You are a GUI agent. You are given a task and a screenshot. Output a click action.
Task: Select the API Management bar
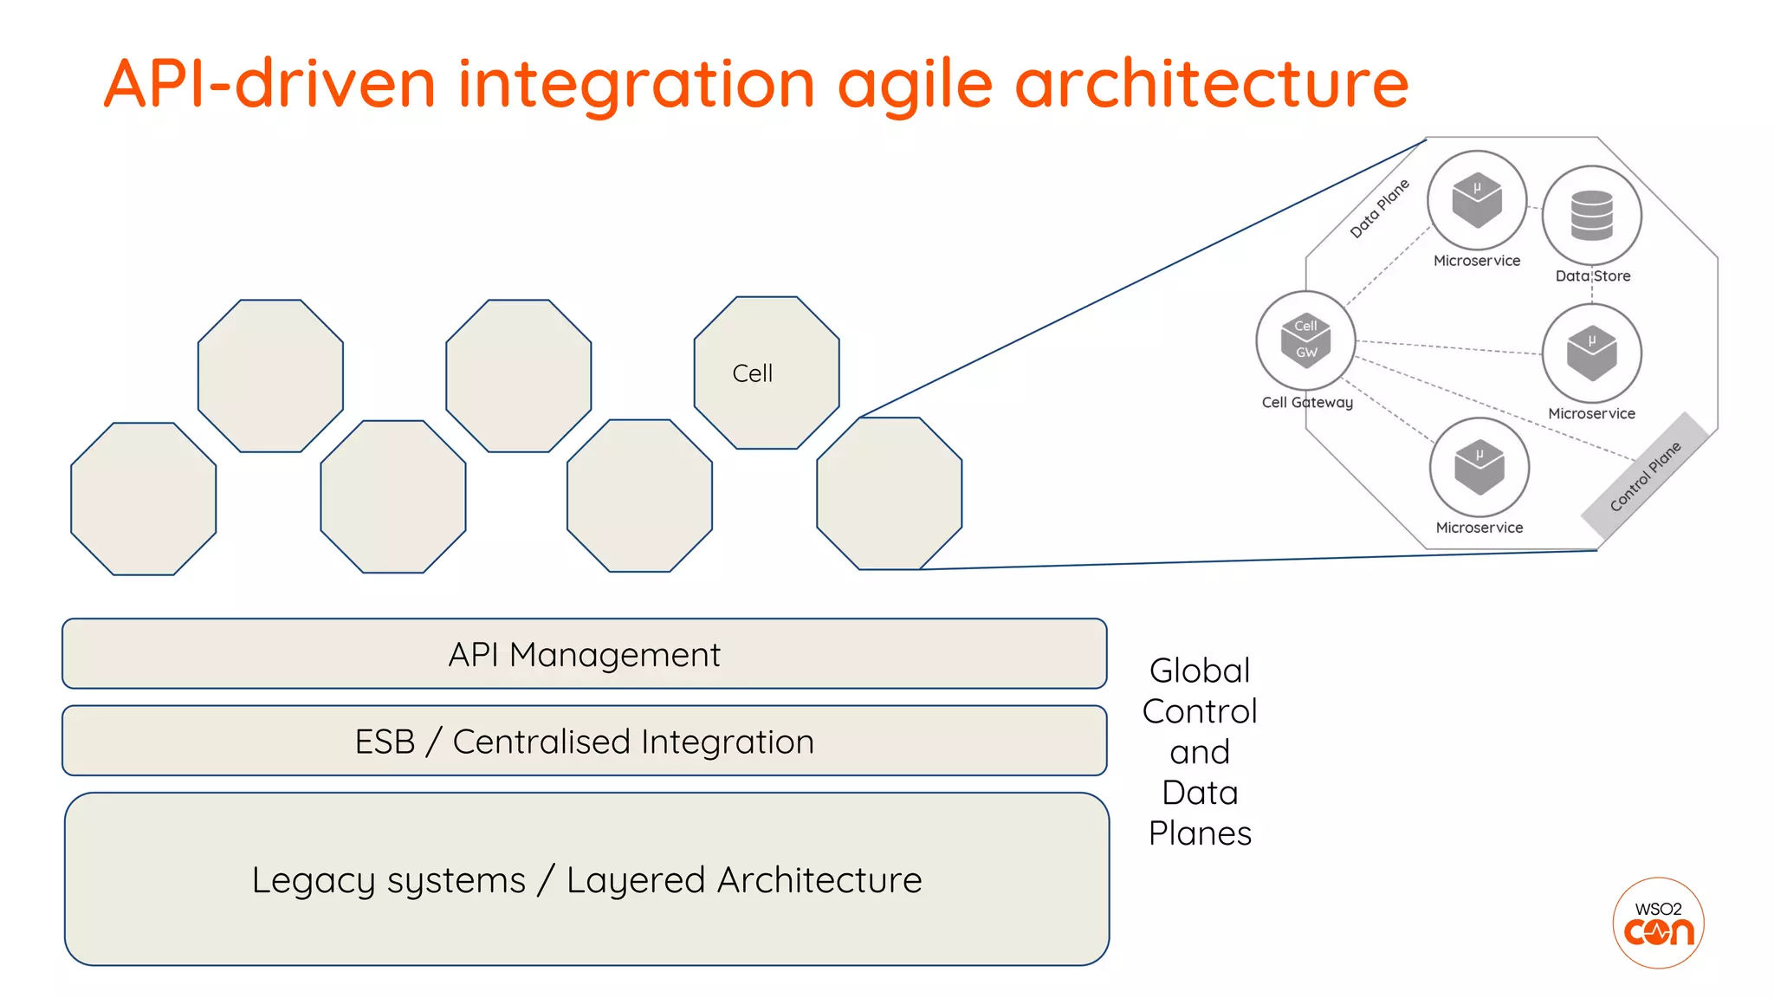point(585,654)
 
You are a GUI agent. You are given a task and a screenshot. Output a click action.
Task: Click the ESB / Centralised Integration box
point(585,742)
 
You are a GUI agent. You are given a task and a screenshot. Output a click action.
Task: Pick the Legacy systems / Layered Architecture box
point(586,879)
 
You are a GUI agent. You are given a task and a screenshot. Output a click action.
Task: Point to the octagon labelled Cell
point(767,373)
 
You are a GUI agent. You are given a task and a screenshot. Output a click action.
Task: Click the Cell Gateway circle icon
point(1305,340)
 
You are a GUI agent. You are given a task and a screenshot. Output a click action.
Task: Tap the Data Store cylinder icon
point(1591,216)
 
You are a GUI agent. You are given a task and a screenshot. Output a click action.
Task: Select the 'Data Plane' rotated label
point(1380,208)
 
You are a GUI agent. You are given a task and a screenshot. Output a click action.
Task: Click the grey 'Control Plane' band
point(1645,476)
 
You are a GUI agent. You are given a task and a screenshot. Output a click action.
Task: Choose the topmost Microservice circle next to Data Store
point(1477,200)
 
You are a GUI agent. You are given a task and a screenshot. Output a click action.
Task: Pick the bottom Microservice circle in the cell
point(1479,467)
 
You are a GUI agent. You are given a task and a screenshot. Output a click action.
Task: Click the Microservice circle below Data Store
point(1591,353)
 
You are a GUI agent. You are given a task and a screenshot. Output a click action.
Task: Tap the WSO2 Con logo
point(1658,923)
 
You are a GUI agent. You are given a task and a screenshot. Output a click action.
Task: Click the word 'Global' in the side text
point(1200,671)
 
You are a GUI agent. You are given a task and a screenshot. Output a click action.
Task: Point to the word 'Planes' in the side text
point(1200,833)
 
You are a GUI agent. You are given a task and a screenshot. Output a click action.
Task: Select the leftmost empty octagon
point(144,499)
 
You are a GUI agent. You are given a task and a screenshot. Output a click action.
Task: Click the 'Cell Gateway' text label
point(1307,402)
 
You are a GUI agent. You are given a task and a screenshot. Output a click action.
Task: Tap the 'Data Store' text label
point(1592,276)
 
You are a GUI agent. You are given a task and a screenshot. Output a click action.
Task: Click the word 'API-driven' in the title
point(269,85)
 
